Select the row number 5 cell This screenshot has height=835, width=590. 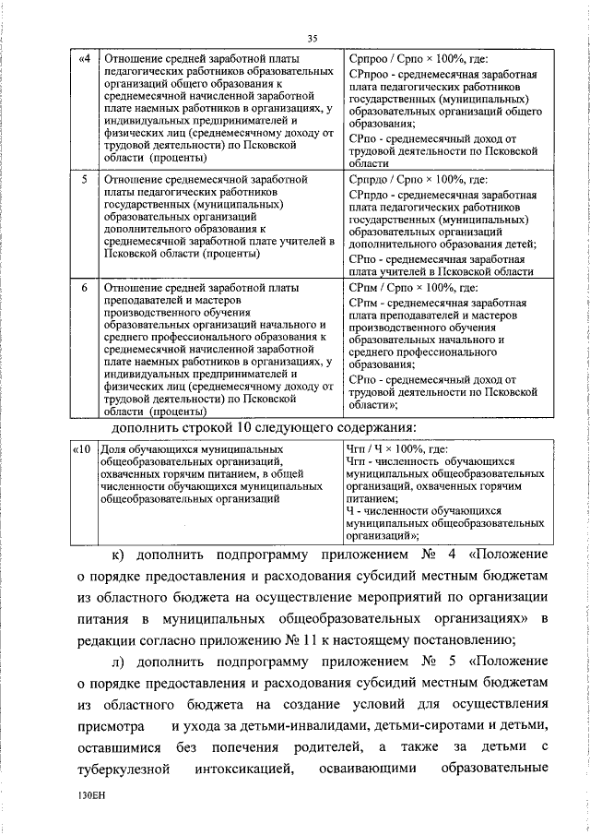(x=85, y=178)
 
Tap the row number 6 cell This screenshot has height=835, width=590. (x=85, y=289)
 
